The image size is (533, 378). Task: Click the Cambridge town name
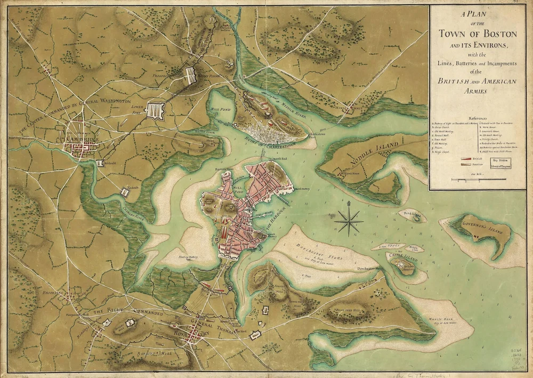click(x=81, y=140)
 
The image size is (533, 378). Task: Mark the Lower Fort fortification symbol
click(x=155, y=110)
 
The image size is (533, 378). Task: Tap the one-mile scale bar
click(x=478, y=179)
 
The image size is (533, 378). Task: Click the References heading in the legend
click(x=477, y=118)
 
